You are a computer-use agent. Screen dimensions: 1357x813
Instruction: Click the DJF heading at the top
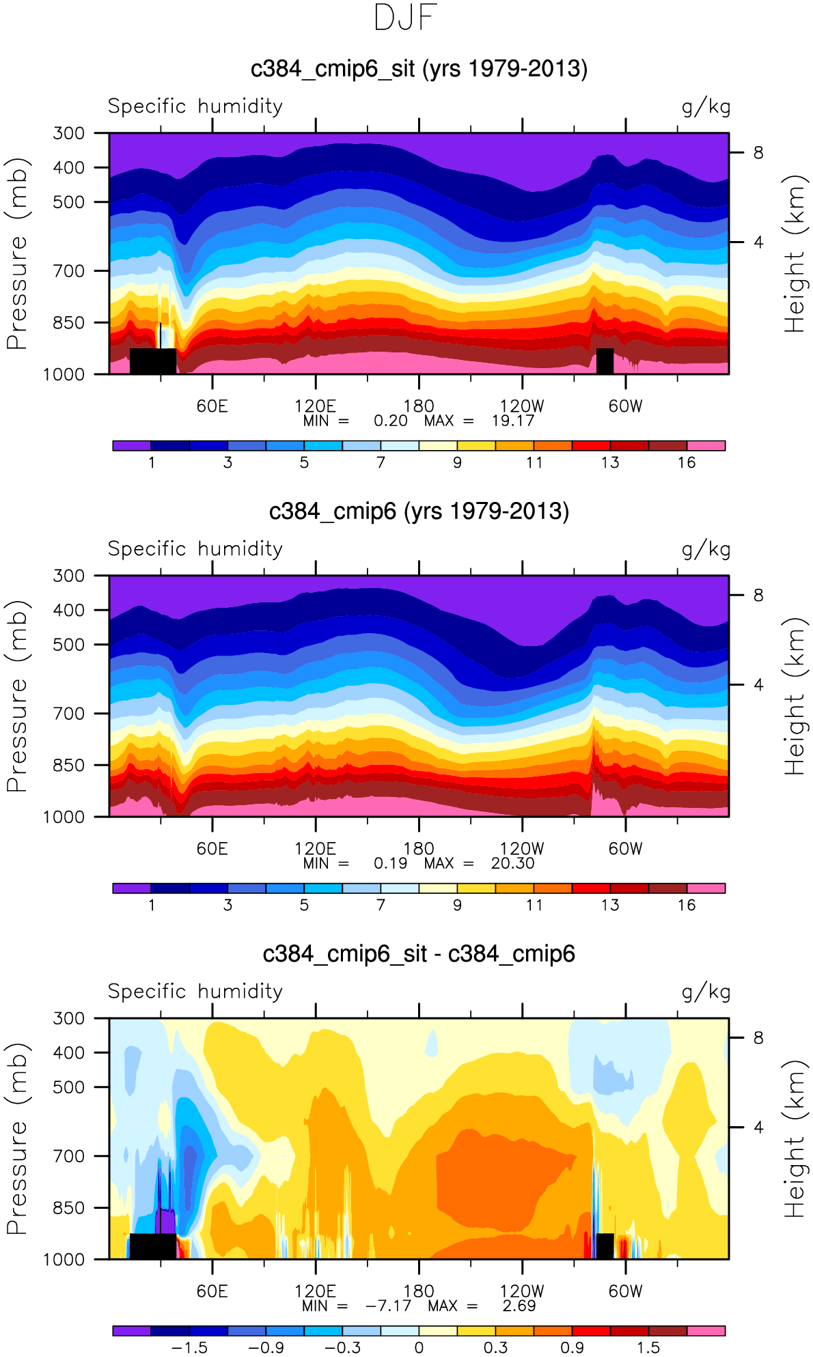click(x=406, y=18)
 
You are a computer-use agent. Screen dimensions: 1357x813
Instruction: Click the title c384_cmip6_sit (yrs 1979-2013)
click(x=419, y=69)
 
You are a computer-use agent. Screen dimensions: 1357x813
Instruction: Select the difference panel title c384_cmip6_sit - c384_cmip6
click(x=419, y=954)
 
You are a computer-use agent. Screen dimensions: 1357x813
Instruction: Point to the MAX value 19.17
click(x=512, y=421)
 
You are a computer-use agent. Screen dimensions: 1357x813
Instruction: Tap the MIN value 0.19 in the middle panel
click(x=390, y=863)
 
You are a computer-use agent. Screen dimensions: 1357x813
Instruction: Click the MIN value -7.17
click(x=388, y=1306)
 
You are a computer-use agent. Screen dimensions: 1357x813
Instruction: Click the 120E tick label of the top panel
click(x=315, y=406)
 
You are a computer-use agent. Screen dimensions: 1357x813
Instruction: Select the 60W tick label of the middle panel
click(x=625, y=848)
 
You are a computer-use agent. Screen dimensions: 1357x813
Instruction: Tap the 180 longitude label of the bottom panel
click(x=418, y=1291)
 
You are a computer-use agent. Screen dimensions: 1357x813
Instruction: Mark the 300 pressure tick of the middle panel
click(x=69, y=576)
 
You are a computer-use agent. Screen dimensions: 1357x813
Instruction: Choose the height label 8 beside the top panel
click(x=758, y=153)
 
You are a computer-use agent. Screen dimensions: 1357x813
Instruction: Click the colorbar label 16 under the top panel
click(x=687, y=463)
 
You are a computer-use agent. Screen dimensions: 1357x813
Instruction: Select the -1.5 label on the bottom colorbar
click(x=189, y=1348)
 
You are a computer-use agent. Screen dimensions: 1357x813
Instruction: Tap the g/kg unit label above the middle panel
click(x=706, y=549)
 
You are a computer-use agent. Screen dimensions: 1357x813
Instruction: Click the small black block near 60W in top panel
click(x=605, y=361)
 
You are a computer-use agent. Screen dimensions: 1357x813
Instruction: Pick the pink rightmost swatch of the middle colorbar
click(x=706, y=889)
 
